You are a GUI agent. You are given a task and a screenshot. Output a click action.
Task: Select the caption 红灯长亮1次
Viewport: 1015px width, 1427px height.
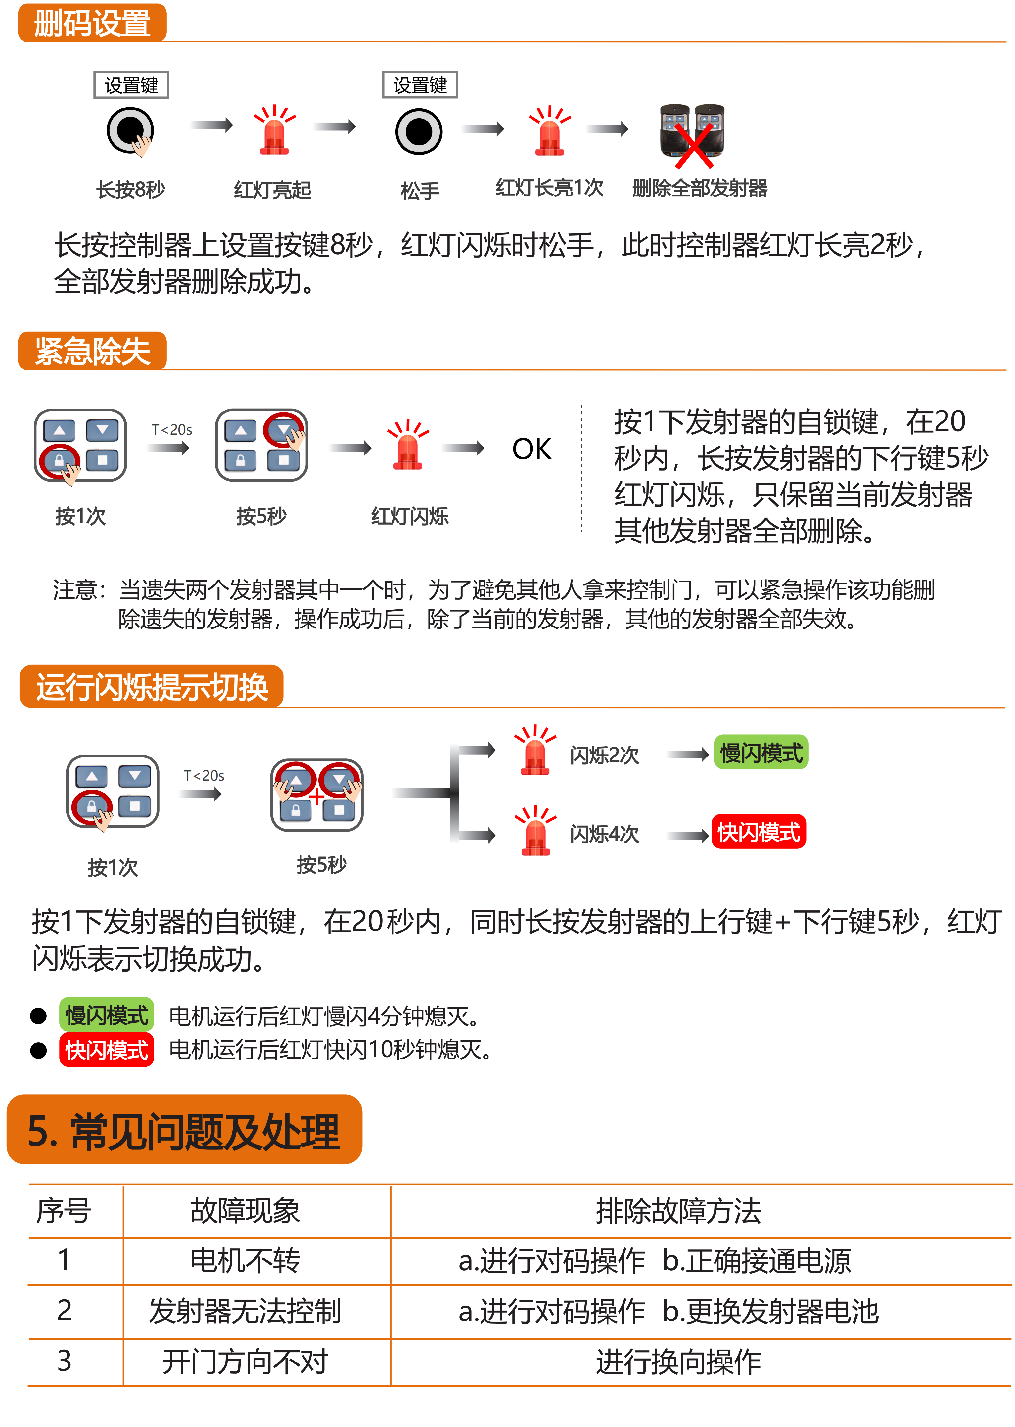[549, 188]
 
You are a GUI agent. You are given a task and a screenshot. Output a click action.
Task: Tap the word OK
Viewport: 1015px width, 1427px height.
[532, 449]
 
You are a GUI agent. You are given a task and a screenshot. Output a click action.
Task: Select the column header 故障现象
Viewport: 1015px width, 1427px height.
[245, 1211]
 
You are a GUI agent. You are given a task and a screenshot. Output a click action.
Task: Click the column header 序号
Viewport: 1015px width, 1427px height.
[64, 1211]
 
